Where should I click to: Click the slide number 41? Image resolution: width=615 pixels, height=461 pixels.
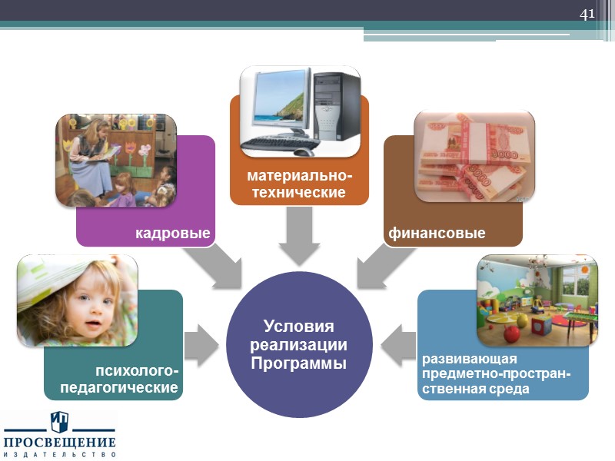(587, 15)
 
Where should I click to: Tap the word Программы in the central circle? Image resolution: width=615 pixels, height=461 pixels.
(299, 362)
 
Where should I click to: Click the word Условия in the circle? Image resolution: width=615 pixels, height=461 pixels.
(299, 327)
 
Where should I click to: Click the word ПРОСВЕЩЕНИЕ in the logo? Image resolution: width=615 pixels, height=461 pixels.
(60, 443)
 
